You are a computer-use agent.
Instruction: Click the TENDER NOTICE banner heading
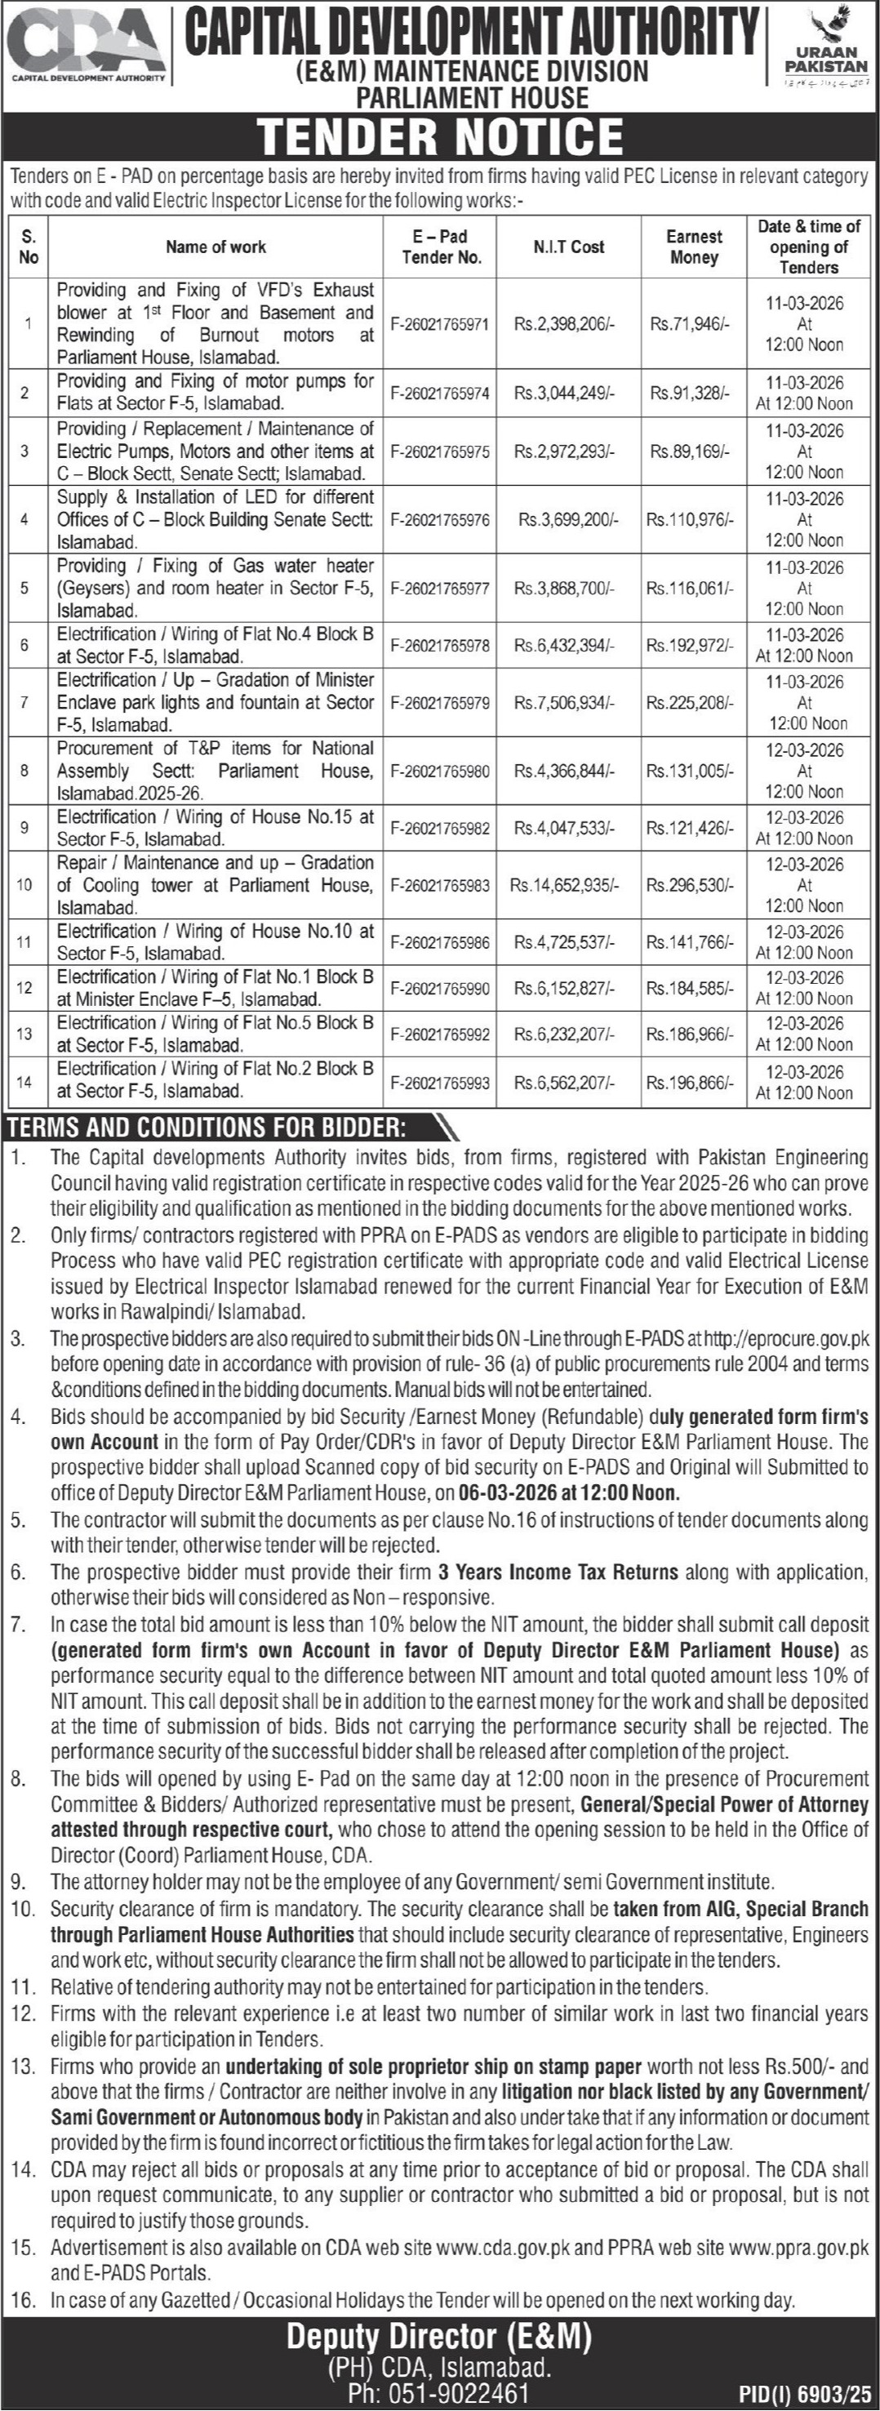[440, 136]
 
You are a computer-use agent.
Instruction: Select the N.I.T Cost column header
[568, 247]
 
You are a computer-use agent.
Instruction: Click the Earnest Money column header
[694, 247]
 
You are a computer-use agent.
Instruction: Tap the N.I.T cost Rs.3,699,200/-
[568, 519]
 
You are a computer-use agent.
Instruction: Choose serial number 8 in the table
[25, 770]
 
